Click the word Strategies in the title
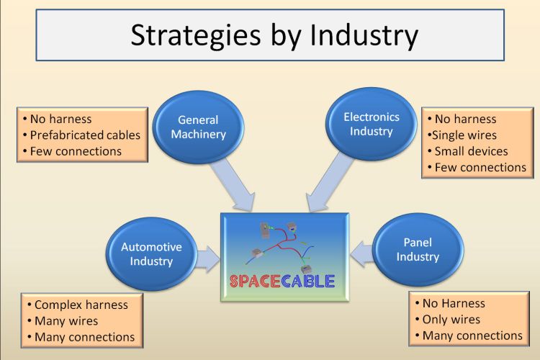click(x=196, y=36)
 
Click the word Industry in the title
click(x=364, y=35)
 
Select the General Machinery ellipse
click(x=199, y=127)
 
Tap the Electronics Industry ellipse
click(x=372, y=124)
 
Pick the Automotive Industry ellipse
click(x=151, y=254)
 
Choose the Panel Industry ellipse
click(x=418, y=249)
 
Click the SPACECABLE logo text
click(x=282, y=281)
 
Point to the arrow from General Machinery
click(x=233, y=184)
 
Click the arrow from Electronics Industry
click(x=328, y=183)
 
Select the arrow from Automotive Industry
click(x=208, y=259)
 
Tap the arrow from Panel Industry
click(x=362, y=254)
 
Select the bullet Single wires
click(x=462, y=135)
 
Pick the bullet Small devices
click(x=468, y=151)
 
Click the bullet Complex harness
click(x=78, y=305)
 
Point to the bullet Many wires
click(x=63, y=321)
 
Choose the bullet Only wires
click(x=448, y=320)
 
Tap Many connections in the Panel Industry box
click(x=469, y=336)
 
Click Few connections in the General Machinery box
click(x=72, y=151)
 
